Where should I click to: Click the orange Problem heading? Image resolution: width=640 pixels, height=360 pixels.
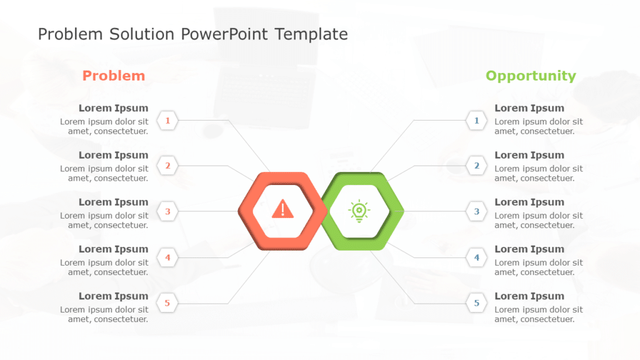pos(114,76)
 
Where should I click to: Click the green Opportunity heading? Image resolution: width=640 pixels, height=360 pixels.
pos(531,76)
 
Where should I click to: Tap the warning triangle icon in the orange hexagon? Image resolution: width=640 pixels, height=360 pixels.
pos(282,209)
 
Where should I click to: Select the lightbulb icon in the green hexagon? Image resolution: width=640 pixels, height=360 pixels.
pos(359,211)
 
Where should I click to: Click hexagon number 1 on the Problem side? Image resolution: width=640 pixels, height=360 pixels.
pos(167,120)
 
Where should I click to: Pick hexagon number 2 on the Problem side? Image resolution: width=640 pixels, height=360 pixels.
pos(167,166)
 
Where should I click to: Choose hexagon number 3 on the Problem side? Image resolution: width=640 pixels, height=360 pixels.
pos(167,212)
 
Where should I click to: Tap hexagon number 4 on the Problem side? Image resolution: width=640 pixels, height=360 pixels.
pos(167,257)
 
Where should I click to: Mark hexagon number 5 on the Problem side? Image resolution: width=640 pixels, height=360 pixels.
pos(167,304)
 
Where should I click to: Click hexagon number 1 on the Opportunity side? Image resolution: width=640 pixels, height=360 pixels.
pos(477,120)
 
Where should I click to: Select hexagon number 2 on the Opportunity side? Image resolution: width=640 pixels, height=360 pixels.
pos(477,166)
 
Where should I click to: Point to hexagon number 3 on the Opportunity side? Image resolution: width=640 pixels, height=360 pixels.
pos(477,212)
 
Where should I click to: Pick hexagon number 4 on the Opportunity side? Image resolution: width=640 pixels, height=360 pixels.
pos(477,257)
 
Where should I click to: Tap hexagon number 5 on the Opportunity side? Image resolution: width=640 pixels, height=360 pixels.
pos(477,304)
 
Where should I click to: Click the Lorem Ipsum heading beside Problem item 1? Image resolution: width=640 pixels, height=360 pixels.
pos(113,108)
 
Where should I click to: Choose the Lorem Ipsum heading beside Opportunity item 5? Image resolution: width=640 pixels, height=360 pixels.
pos(529,296)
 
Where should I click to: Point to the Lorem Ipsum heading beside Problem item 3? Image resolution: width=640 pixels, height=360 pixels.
pos(113,202)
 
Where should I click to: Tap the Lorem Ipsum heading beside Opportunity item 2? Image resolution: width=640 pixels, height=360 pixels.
pos(529,155)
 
